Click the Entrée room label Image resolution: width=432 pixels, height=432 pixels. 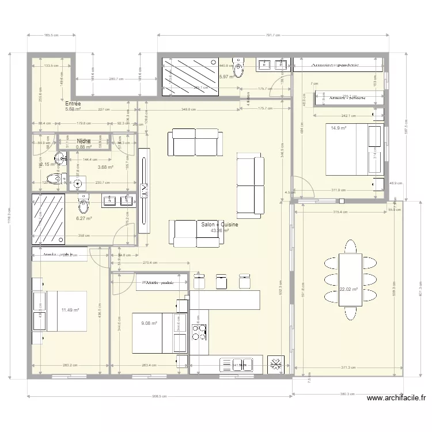[x=73, y=104]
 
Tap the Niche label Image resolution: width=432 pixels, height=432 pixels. [x=84, y=141]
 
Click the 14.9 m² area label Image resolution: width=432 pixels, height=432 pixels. [x=338, y=128]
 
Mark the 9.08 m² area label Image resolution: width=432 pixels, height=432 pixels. [x=149, y=323]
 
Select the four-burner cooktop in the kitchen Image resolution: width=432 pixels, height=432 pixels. [x=199, y=333]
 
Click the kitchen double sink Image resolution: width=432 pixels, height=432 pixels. [x=242, y=365]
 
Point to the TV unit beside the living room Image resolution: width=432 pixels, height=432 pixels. [x=144, y=190]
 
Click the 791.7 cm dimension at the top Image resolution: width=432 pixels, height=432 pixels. [x=274, y=36]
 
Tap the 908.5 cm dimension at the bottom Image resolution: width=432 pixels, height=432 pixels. [x=159, y=396]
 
